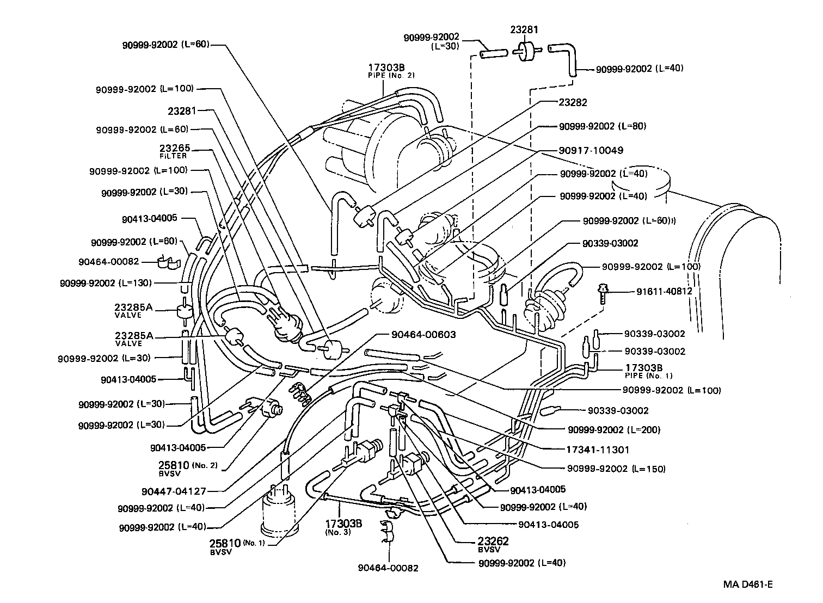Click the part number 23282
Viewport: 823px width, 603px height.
point(573,102)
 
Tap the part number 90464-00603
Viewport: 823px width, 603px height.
point(423,335)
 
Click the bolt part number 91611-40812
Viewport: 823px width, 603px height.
point(664,291)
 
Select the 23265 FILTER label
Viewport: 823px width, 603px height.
point(175,151)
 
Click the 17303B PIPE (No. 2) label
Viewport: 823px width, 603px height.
point(390,71)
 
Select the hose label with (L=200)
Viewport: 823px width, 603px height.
point(614,430)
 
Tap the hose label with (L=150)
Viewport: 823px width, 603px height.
point(616,469)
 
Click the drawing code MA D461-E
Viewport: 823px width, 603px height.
point(748,584)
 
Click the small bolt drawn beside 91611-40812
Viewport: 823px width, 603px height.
point(603,293)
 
